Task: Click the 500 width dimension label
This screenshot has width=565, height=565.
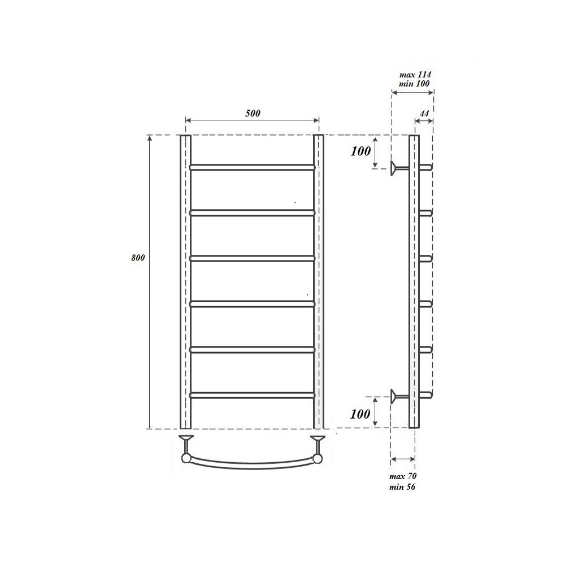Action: click(x=253, y=113)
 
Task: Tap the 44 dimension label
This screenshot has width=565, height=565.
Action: click(x=424, y=114)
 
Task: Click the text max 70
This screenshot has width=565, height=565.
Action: click(x=403, y=476)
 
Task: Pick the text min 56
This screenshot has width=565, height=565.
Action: click(x=403, y=486)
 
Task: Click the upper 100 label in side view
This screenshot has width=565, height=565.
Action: click(x=360, y=151)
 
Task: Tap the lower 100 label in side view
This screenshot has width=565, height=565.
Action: click(x=360, y=414)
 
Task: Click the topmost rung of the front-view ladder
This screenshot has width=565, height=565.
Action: click(x=252, y=167)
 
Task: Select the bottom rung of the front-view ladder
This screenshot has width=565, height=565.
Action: click(x=252, y=395)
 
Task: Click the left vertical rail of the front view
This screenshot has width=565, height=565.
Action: click(x=185, y=282)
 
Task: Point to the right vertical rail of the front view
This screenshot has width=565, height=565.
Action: click(x=319, y=282)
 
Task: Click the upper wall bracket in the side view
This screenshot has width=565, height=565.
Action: click(x=399, y=167)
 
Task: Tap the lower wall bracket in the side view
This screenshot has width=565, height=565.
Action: click(x=399, y=395)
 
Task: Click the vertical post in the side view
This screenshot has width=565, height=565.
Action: click(x=414, y=282)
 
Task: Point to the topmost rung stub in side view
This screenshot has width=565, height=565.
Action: click(x=427, y=167)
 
